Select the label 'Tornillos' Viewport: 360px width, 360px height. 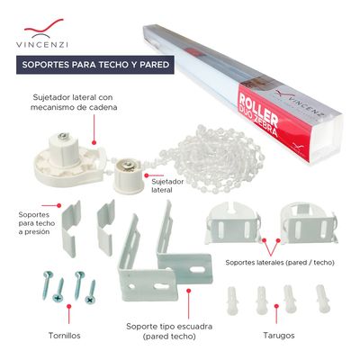click(x=65, y=336)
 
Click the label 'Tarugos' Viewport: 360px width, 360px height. click(x=279, y=336)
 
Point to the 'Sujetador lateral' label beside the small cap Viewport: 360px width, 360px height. click(x=166, y=185)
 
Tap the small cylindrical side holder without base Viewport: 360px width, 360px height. click(x=128, y=176)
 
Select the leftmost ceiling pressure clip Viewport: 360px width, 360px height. click(x=71, y=229)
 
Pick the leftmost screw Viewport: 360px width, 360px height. click(x=47, y=284)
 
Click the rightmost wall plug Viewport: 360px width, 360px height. click(x=323, y=299)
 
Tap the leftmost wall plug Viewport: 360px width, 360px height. click(x=232, y=301)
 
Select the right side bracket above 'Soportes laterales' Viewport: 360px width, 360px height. click(x=309, y=222)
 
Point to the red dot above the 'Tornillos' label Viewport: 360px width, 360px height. click(x=68, y=306)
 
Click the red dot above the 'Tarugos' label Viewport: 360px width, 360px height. click(x=276, y=306)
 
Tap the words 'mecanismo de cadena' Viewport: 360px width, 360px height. click(x=74, y=107)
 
